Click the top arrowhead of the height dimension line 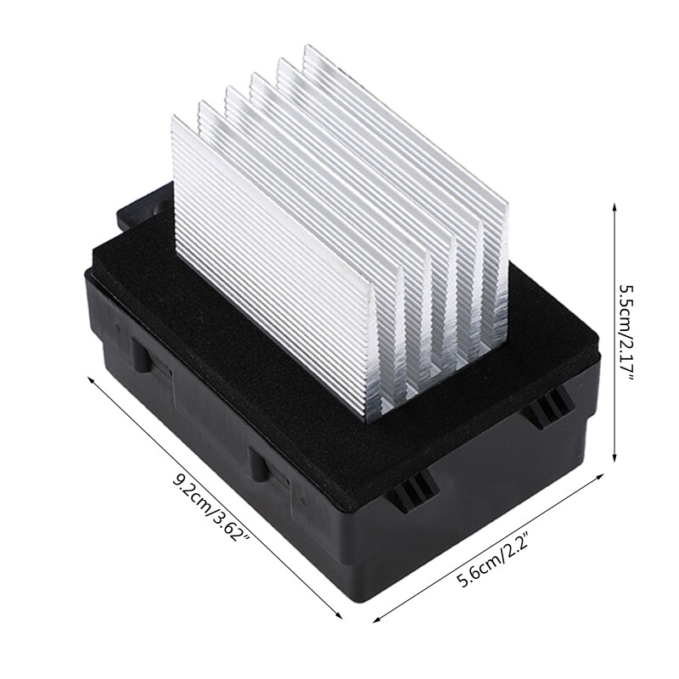coord(614,207)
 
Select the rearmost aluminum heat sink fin coord(407,127)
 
